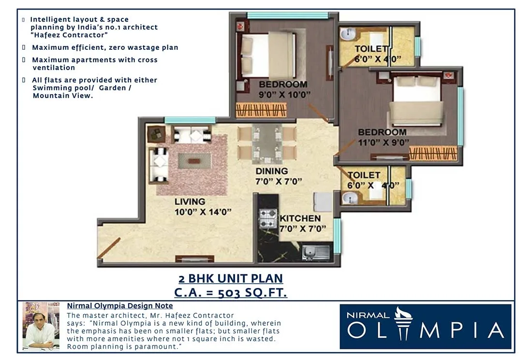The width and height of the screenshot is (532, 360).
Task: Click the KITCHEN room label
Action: pos(300,218)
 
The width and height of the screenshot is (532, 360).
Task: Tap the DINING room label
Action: pos(272,171)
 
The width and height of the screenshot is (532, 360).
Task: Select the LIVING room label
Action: pos(190,202)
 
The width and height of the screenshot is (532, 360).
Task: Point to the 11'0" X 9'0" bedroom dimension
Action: pos(383,142)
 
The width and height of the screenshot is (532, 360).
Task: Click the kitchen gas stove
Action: pos(267,218)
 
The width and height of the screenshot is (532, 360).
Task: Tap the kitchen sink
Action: pos(315,252)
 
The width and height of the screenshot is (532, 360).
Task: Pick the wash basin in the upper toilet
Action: pos(348,34)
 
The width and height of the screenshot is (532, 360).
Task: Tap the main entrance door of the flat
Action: pos(109,248)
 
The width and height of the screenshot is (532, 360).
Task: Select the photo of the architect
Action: pos(41,326)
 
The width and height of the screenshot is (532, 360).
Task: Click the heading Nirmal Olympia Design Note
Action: pos(119,306)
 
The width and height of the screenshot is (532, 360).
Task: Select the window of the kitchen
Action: pos(337,236)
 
